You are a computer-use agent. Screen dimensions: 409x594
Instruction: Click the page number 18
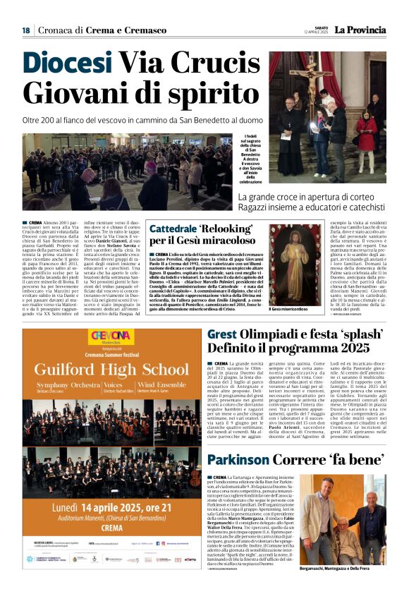pos(26,30)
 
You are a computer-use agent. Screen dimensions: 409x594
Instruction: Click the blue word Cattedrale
pos(173,229)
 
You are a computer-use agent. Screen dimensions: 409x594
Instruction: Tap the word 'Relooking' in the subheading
pos(222,229)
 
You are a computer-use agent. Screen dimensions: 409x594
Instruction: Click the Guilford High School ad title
pos(112,368)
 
